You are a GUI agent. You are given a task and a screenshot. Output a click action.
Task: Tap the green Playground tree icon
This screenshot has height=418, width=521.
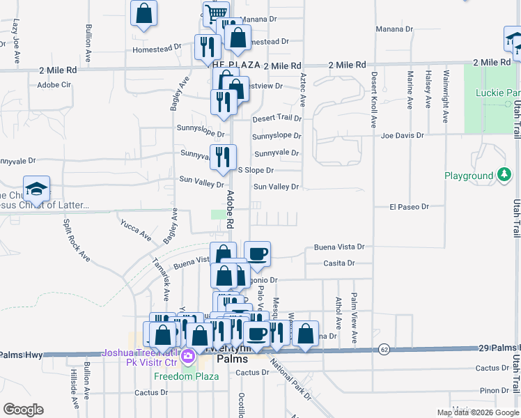pyautogui.click(x=503, y=176)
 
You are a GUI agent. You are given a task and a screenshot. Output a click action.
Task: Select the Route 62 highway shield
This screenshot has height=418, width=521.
pyautogui.click(x=384, y=348)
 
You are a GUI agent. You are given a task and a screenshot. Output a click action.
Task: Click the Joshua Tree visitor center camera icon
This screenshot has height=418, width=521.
pyautogui.click(x=187, y=357)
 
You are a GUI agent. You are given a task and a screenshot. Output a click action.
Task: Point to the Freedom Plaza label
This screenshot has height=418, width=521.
pyautogui.click(x=186, y=376)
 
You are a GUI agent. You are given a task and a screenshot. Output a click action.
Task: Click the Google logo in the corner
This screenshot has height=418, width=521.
pyautogui.click(x=23, y=410)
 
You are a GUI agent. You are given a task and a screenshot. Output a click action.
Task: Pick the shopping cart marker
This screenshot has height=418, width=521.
pyautogui.click(x=217, y=13)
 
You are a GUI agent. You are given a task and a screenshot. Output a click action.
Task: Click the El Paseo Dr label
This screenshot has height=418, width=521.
pyautogui.click(x=410, y=207)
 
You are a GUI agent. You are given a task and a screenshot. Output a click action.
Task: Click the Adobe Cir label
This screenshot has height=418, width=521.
pyautogui.click(x=54, y=85)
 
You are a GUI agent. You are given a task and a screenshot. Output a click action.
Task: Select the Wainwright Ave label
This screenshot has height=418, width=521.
pyautogui.click(x=446, y=89)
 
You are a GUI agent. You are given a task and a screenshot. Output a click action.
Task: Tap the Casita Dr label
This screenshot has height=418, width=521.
pyautogui.click(x=339, y=263)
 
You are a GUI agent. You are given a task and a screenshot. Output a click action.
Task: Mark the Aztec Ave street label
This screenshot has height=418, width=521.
pyautogui.click(x=303, y=90)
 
